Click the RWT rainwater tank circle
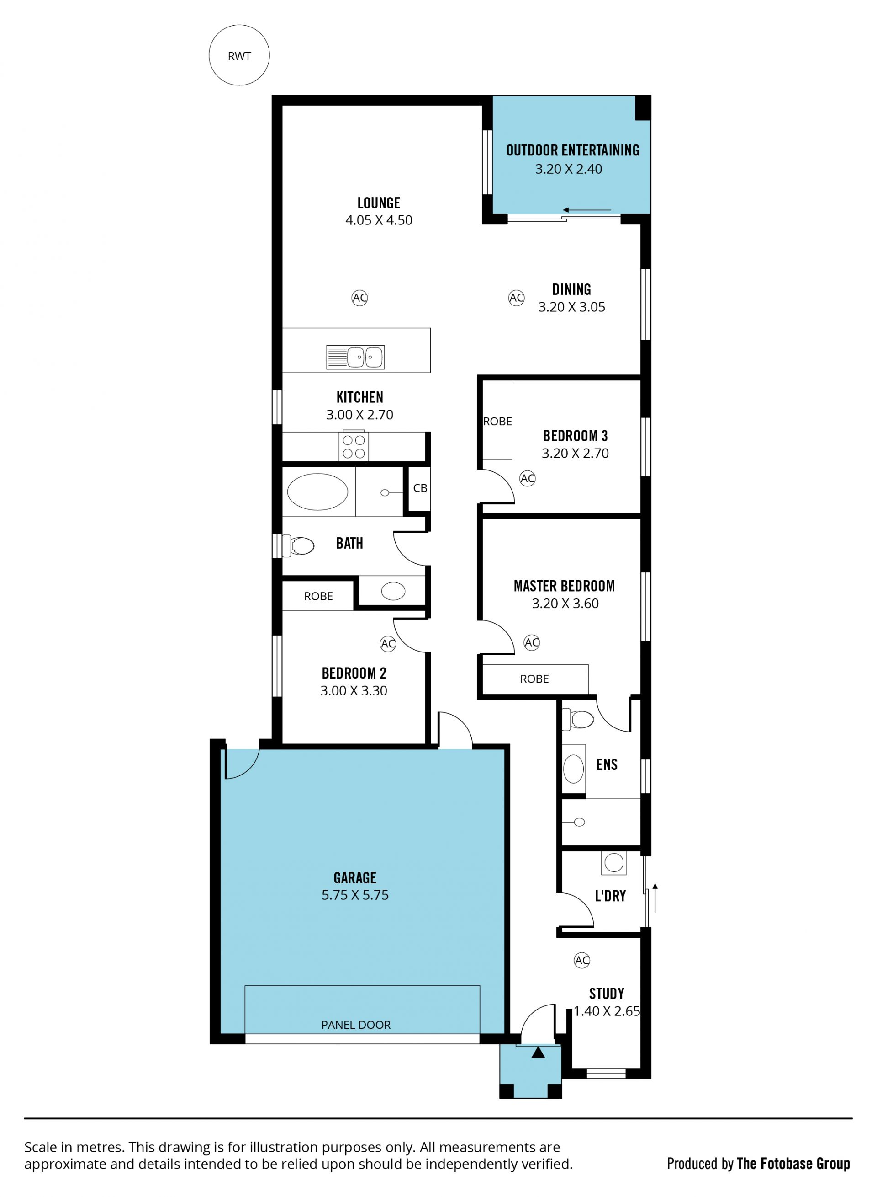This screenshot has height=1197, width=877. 239,55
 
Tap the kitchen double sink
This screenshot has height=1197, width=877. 355,357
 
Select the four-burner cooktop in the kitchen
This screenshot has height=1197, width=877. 354,446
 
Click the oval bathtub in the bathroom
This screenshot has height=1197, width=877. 317,492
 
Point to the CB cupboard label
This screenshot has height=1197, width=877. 420,488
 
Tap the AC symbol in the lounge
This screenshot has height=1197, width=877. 360,298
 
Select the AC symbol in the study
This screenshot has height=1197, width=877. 582,960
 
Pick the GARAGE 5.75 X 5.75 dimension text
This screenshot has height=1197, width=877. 355,895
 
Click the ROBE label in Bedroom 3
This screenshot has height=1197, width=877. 497,421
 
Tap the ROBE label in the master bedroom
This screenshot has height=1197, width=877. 534,679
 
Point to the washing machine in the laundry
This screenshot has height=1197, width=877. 614,862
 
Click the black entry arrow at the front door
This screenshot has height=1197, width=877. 538,1052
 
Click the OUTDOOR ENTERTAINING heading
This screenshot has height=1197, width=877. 573,150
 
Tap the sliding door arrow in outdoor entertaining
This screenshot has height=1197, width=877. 587,210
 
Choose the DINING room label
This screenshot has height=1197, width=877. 572,289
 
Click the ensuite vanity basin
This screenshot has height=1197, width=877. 573,768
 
